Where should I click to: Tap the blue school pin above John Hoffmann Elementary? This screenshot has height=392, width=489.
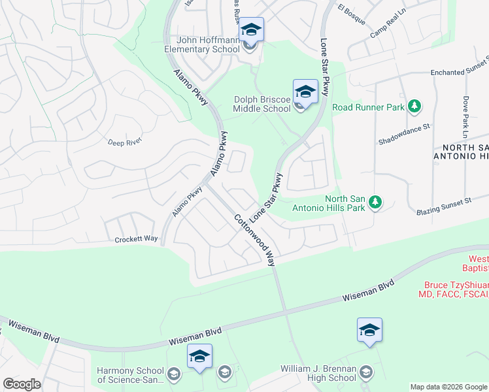(x=251, y=29)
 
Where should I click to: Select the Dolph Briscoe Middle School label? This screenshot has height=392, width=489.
(x=262, y=105)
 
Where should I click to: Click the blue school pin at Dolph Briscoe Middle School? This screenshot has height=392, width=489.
(x=305, y=91)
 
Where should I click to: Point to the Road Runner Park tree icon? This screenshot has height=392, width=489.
(x=413, y=106)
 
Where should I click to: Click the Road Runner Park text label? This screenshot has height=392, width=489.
(x=368, y=107)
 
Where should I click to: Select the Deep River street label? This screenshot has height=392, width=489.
(x=125, y=141)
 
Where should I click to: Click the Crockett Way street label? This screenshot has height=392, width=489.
(x=137, y=239)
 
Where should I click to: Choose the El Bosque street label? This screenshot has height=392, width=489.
(x=351, y=14)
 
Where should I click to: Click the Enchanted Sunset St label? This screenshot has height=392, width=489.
(x=459, y=69)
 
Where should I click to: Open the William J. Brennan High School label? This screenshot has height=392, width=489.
(x=318, y=373)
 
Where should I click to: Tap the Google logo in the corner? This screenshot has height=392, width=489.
(x=22, y=384)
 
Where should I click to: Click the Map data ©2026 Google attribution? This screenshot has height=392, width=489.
(x=448, y=387)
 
